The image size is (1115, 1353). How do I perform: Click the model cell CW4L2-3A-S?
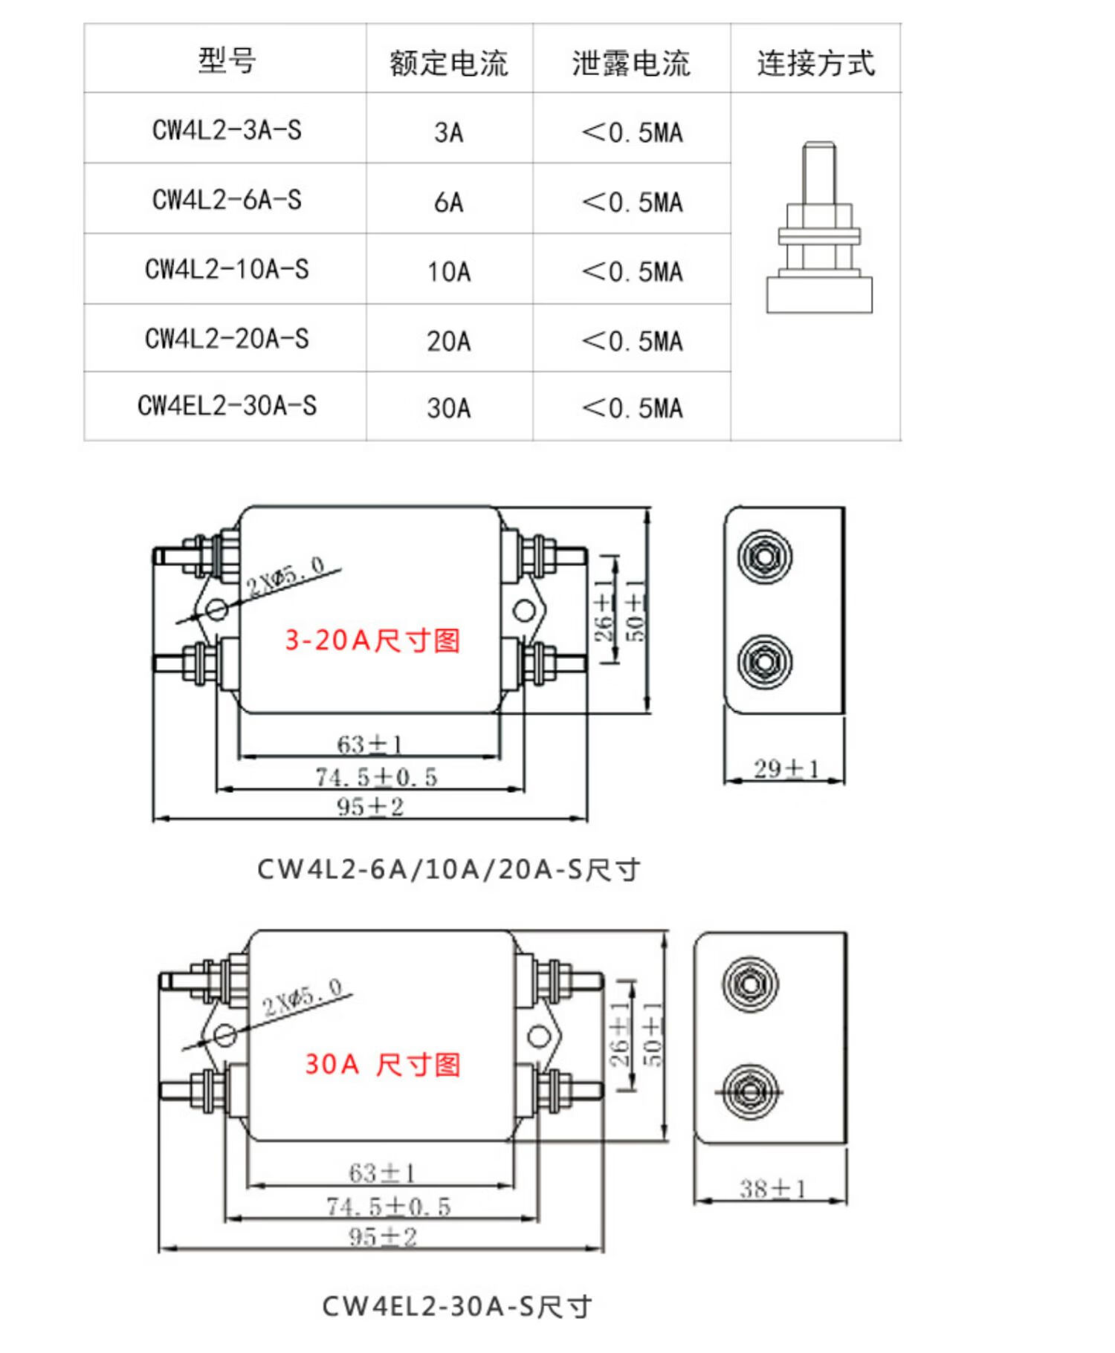(x=227, y=130)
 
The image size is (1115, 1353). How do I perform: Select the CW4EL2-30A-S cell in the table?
(x=227, y=406)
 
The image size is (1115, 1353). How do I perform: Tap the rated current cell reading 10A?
(x=448, y=271)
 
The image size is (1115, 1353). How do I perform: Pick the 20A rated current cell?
(x=448, y=341)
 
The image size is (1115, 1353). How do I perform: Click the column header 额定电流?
(x=448, y=62)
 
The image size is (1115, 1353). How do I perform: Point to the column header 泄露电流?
(x=630, y=62)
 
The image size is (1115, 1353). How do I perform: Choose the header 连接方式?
(x=815, y=62)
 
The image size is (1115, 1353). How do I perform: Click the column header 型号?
(x=227, y=59)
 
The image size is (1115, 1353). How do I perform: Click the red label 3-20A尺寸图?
(x=372, y=640)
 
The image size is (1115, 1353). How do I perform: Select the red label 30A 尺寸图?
(x=382, y=1064)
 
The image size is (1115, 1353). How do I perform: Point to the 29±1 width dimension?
(x=786, y=768)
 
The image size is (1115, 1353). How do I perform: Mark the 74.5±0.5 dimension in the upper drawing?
(x=376, y=777)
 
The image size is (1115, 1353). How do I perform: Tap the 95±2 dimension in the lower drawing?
(x=383, y=1236)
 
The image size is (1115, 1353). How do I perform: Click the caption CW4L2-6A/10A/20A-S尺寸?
(x=448, y=869)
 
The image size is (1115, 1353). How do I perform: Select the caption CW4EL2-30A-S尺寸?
(x=456, y=1305)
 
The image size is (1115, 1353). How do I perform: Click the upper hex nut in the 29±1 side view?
(x=764, y=556)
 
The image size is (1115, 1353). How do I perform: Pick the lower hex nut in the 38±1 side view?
(x=750, y=1091)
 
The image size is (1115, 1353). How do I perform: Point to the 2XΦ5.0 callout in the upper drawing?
(x=286, y=575)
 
